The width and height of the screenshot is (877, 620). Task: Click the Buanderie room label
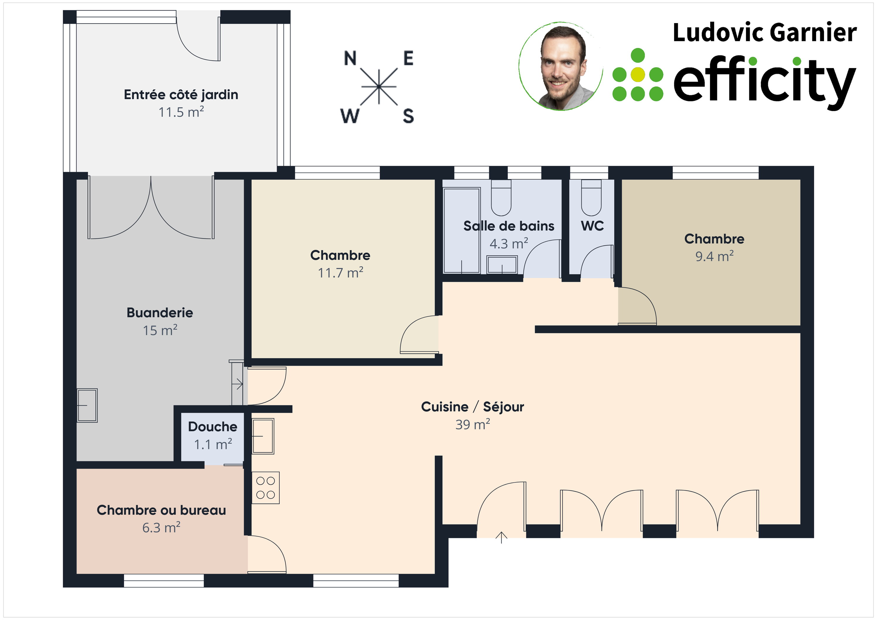pyautogui.click(x=160, y=313)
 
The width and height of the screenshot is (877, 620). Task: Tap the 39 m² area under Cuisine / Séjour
pyautogui.click(x=472, y=424)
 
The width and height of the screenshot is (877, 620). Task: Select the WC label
pyautogui.click(x=592, y=226)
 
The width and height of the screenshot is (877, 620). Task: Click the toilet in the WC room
pyautogui.click(x=591, y=198)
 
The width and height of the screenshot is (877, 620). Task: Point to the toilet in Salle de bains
pyautogui.click(x=501, y=198)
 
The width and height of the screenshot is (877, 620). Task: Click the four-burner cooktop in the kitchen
pyautogui.click(x=265, y=488)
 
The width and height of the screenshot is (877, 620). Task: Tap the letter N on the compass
pyautogui.click(x=350, y=58)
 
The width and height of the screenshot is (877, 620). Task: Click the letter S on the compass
pyautogui.click(x=408, y=116)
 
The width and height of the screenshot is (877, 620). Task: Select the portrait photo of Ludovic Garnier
pyautogui.click(x=561, y=66)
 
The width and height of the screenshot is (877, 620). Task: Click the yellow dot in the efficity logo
pyautogui.click(x=637, y=75)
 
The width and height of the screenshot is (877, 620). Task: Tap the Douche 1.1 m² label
pyautogui.click(x=213, y=435)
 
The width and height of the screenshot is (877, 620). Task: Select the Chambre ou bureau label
pyautogui.click(x=161, y=510)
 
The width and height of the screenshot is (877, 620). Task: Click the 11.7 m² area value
pyautogui.click(x=340, y=273)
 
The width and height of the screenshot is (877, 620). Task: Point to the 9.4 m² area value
pyautogui.click(x=714, y=256)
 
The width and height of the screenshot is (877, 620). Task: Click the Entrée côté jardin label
pyautogui.click(x=181, y=95)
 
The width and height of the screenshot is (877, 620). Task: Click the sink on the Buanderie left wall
pyautogui.click(x=87, y=405)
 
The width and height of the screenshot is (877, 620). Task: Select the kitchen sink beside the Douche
pyautogui.click(x=263, y=436)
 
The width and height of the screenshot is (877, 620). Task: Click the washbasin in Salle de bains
pyautogui.click(x=502, y=265)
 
